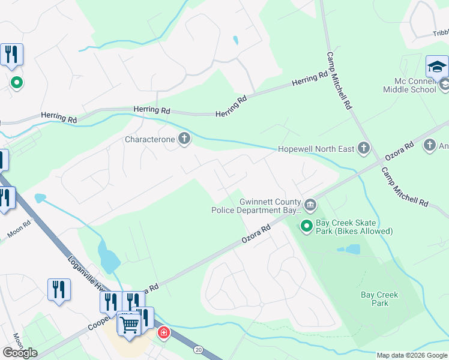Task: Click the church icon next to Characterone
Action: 184,140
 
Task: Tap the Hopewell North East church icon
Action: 363,148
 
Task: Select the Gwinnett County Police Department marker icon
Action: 310,206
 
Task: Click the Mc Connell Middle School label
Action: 410,85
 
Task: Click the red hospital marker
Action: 163,332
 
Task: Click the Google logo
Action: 20,353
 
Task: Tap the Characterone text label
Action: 149,140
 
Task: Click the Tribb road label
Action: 440,34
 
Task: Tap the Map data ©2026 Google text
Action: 412,355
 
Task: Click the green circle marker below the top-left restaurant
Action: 17,83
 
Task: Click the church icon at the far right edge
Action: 429,145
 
